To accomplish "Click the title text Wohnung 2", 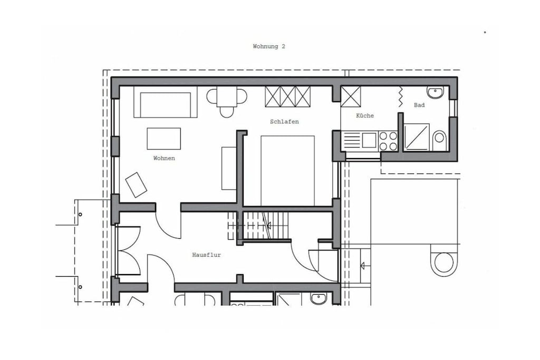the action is tap(269, 46).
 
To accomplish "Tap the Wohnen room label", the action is tap(164, 158).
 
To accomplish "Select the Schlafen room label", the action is tap(284, 121).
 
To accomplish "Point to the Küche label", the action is tap(365, 115).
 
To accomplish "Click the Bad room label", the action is tap(419, 105).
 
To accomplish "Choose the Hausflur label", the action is tap(206, 255).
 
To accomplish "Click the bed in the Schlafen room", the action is tap(287, 171).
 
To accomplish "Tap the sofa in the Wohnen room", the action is tap(165, 102).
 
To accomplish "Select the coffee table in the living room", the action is tap(164, 139).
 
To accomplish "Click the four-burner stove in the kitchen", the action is tap(388, 141).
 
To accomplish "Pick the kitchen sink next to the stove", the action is tap(369, 140).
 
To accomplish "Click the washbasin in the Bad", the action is tap(436, 92).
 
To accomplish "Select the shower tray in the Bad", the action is tap(417, 137).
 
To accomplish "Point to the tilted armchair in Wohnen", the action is tap(136, 185).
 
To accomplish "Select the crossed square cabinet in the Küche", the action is tap(350, 96).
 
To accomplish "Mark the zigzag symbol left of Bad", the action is tap(401, 96).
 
